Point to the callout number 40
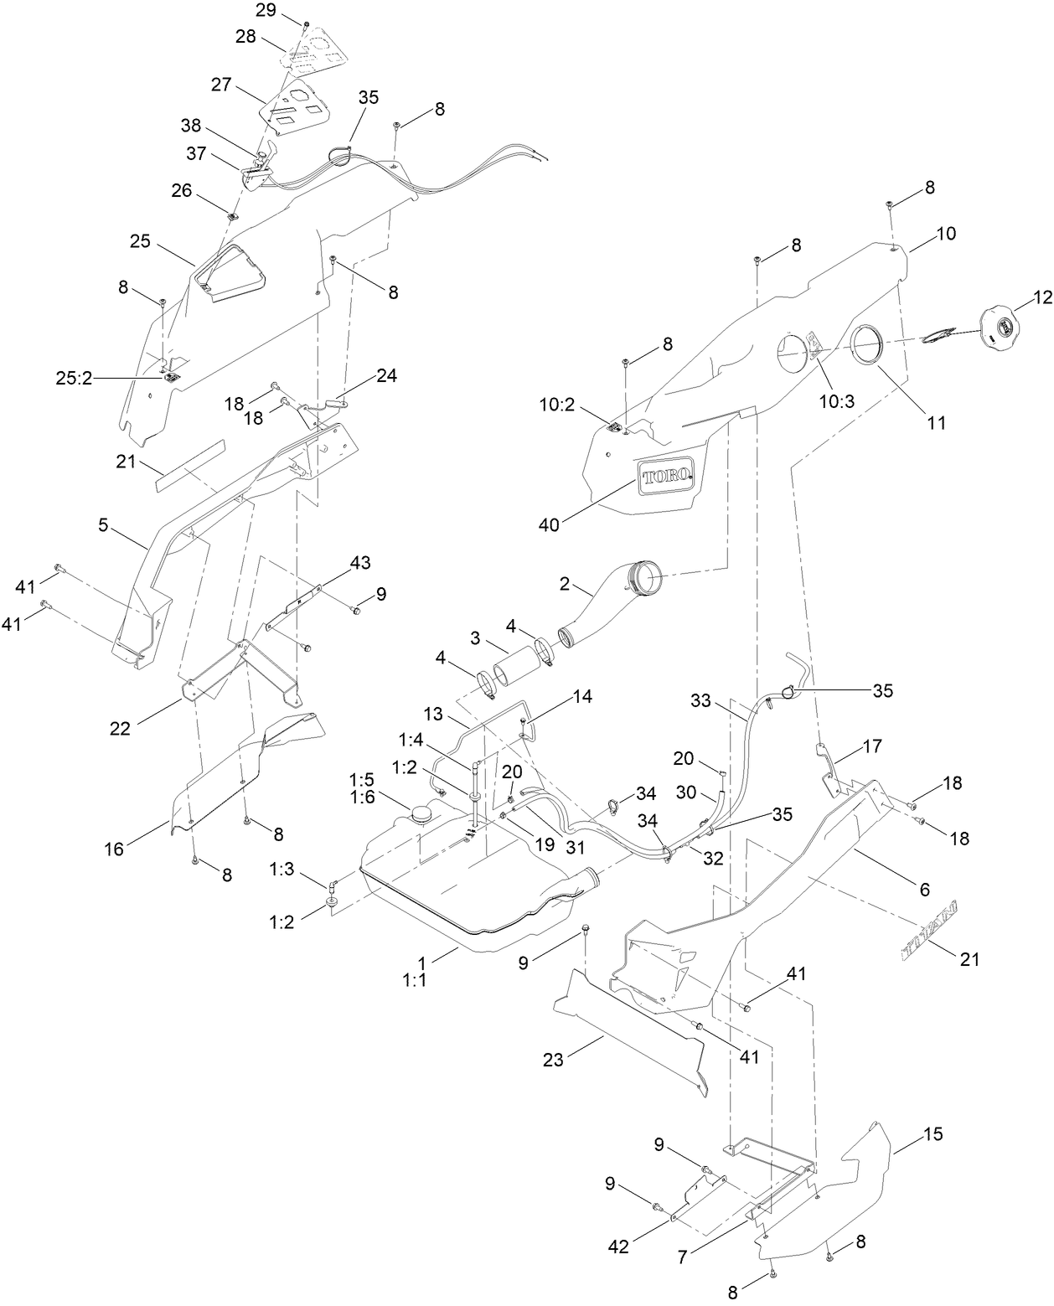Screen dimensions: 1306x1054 pyautogui.click(x=550, y=524)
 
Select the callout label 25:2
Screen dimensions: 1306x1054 pyautogui.click(x=75, y=379)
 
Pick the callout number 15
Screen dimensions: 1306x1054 pyautogui.click(x=933, y=1134)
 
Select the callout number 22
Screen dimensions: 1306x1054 pyautogui.click(x=120, y=728)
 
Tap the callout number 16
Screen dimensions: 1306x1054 pyautogui.click(x=114, y=849)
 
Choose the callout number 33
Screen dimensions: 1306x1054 pyautogui.click(x=703, y=699)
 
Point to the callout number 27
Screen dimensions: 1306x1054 pyautogui.click(x=220, y=85)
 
